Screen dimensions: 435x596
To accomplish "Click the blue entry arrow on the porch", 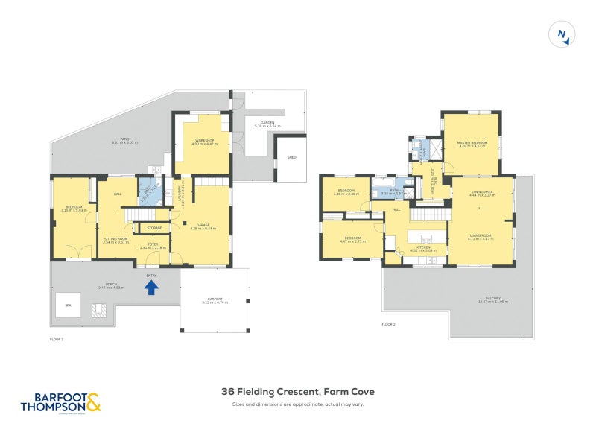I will click(151, 287).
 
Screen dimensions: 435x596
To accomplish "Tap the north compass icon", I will click(562, 35).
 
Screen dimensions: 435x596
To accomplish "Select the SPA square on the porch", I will click(67, 305).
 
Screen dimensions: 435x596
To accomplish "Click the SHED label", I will click(291, 157).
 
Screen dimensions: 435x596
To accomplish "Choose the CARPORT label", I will click(215, 300).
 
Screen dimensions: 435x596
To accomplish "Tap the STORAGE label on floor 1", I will click(154, 228).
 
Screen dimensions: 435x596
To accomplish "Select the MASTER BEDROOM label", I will click(472, 143).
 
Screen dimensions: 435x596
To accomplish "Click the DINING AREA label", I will click(483, 193).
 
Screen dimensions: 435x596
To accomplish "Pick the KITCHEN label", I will click(424, 249).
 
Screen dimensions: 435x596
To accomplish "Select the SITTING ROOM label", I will click(116, 240).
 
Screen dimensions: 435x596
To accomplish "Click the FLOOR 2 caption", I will click(388, 325).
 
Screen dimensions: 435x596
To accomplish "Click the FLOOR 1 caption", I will click(57, 339).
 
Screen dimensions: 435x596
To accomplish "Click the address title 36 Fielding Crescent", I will click(297, 391).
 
